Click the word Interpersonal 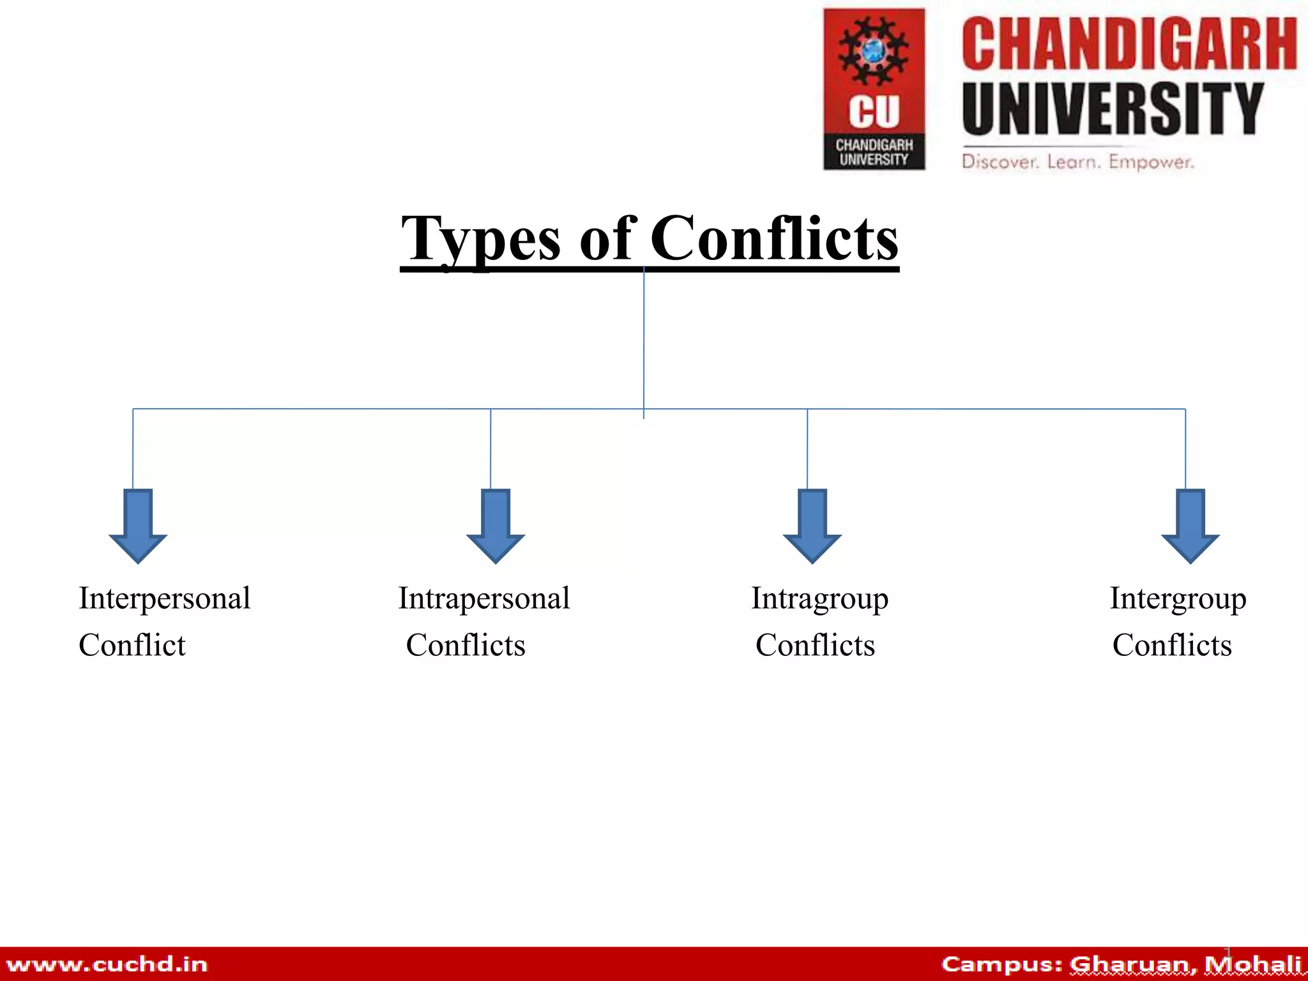click(x=165, y=599)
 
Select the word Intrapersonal click(x=484, y=599)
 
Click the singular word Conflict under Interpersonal click(x=132, y=645)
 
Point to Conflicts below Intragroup click(x=815, y=645)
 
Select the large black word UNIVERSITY click(x=1113, y=109)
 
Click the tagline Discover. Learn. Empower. click(x=1078, y=162)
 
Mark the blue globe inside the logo click(x=873, y=50)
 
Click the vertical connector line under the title click(x=644, y=338)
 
